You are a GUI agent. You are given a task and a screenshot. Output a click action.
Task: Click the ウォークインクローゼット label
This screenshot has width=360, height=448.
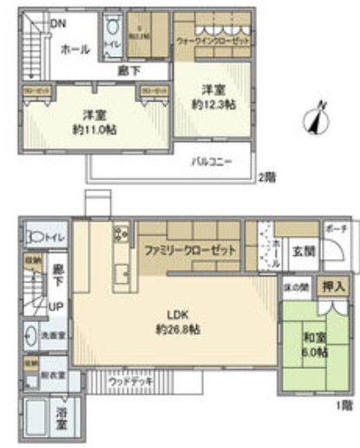[211, 40]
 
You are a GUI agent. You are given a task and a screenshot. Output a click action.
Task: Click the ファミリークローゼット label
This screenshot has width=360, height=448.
[191, 250]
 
